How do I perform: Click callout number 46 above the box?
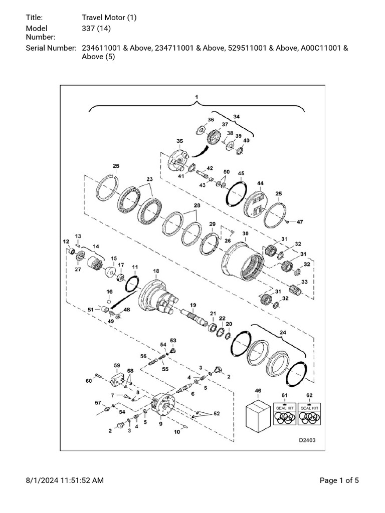258,391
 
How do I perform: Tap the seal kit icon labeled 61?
285,414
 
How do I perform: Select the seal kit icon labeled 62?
309,414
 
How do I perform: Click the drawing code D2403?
307,440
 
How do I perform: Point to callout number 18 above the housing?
156,271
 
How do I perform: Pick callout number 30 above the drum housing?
245,233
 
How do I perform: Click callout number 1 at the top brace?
197,97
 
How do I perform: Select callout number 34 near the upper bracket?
237,116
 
